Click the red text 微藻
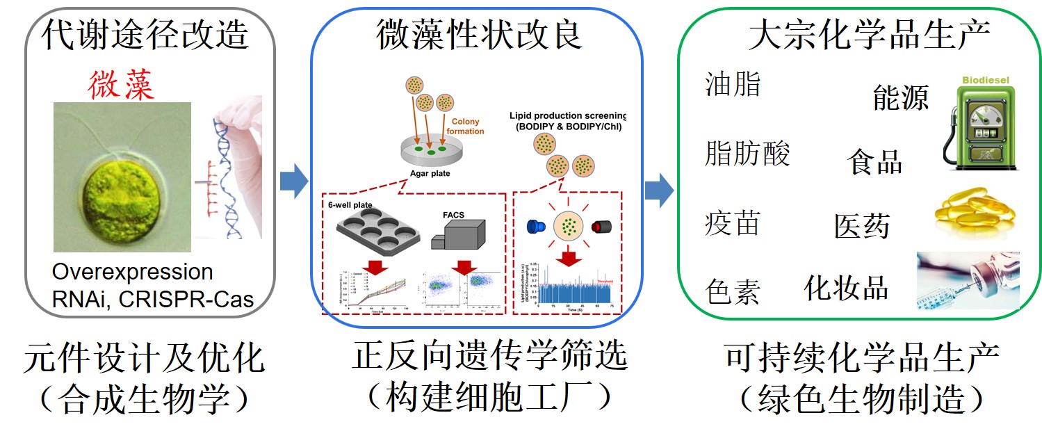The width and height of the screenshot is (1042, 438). point(121,83)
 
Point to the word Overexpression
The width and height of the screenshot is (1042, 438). point(132,272)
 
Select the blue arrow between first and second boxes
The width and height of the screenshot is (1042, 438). point(293,182)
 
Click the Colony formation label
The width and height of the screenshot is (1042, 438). point(465,126)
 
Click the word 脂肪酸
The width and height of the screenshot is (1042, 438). point(747,153)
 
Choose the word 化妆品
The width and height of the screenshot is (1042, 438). point(846,287)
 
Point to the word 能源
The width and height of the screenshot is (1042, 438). point(900,98)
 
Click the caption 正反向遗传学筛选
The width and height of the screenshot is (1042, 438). point(489,357)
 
